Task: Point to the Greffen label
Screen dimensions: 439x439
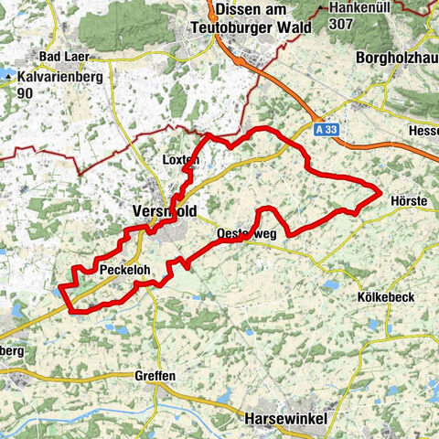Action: [156, 375]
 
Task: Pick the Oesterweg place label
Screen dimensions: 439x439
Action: [246, 235]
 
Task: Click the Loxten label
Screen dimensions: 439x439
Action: [179, 159]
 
